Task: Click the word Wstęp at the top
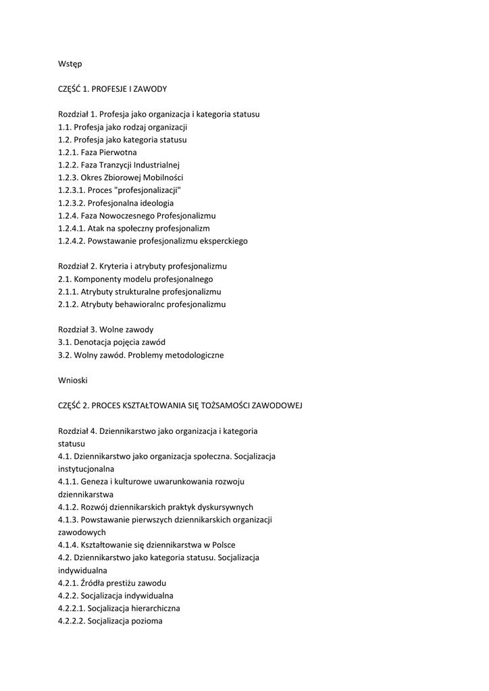[x=70, y=63]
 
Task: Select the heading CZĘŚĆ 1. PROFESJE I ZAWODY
[x=112, y=89]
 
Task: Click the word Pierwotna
[x=118, y=153]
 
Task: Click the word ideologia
[x=153, y=203]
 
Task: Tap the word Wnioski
[x=73, y=380]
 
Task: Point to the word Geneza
[x=93, y=482]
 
